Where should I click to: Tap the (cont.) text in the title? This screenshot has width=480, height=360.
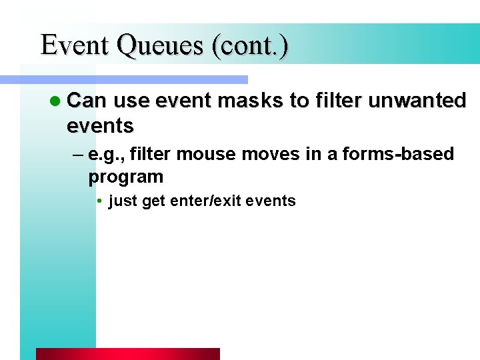pos(250,45)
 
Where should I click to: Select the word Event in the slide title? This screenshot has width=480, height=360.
pos(73,45)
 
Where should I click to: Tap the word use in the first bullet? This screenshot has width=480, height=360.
pos(130,101)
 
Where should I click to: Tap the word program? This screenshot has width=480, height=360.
pos(125,177)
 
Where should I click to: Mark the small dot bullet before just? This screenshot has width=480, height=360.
pos(98,201)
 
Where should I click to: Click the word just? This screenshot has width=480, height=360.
pos(123,201)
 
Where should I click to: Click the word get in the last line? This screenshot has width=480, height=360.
pos(153,201)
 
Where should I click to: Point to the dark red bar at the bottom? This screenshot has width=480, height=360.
pos(127,353)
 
